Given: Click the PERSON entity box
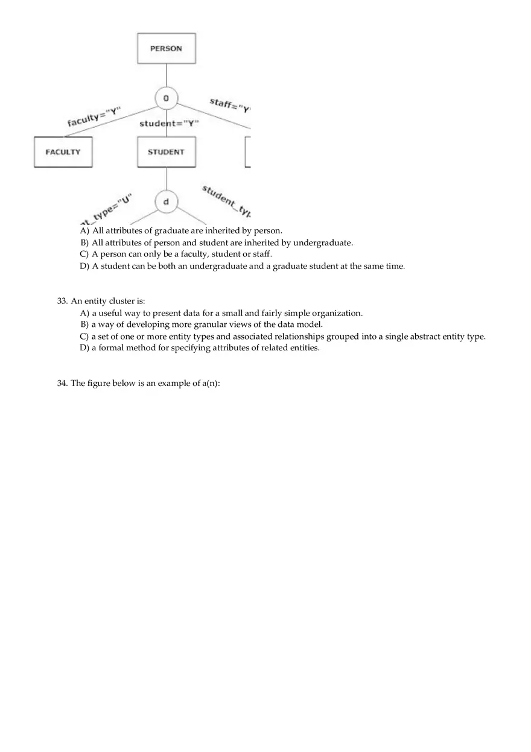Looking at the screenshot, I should tap(166, 48).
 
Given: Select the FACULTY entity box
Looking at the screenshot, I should tap(63, 152).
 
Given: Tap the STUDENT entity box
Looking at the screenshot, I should tap(166, 152).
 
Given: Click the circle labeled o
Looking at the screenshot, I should tap(166, 98).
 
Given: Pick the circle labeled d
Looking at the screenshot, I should tap(166, 202).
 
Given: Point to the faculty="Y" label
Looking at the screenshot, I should tap(94, 116).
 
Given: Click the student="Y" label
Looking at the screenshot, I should tap(169, 124).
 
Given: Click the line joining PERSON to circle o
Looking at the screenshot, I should tap(166, 75).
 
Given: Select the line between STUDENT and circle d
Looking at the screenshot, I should tap(166, 179).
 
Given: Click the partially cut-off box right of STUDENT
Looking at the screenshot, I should tap(247, 152).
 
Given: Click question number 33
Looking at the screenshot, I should tap(62, 301).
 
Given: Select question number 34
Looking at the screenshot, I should tap(62, 384).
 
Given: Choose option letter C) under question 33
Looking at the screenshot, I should tap(84, 337).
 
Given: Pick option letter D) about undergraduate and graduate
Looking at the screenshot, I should tap(84, 266).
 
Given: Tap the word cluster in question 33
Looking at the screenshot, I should tap(121, 301).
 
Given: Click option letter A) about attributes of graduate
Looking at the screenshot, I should tap(84, 230).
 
